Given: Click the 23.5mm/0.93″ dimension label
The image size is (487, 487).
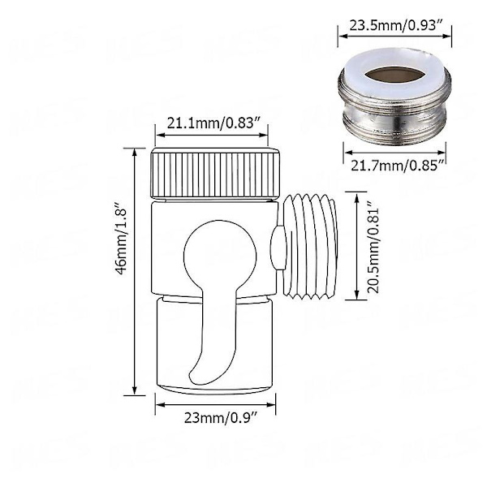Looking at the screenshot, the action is coord(396,25).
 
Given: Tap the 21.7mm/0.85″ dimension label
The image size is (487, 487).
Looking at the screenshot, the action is coord(397,166).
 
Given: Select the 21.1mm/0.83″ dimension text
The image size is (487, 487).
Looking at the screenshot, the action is coord(213,123).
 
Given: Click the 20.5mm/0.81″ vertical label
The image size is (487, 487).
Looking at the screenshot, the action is coord(373,247).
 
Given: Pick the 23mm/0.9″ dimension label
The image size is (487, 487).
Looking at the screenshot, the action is coord(221,418).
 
